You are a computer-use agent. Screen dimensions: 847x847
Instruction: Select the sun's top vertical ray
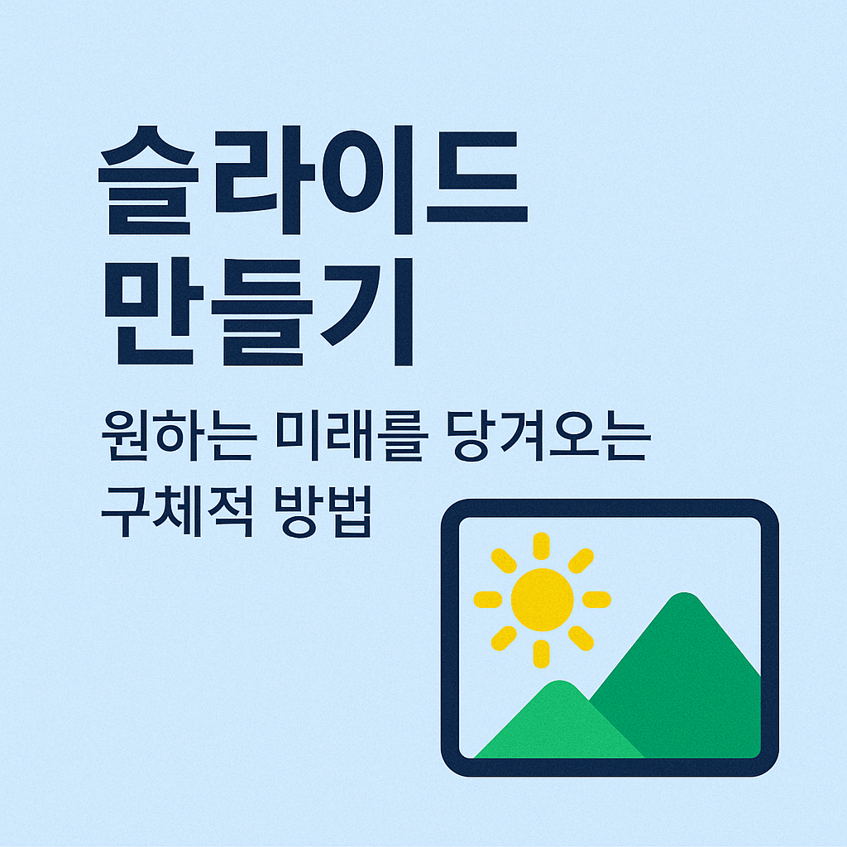541,546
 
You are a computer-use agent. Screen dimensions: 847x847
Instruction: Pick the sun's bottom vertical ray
541,653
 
